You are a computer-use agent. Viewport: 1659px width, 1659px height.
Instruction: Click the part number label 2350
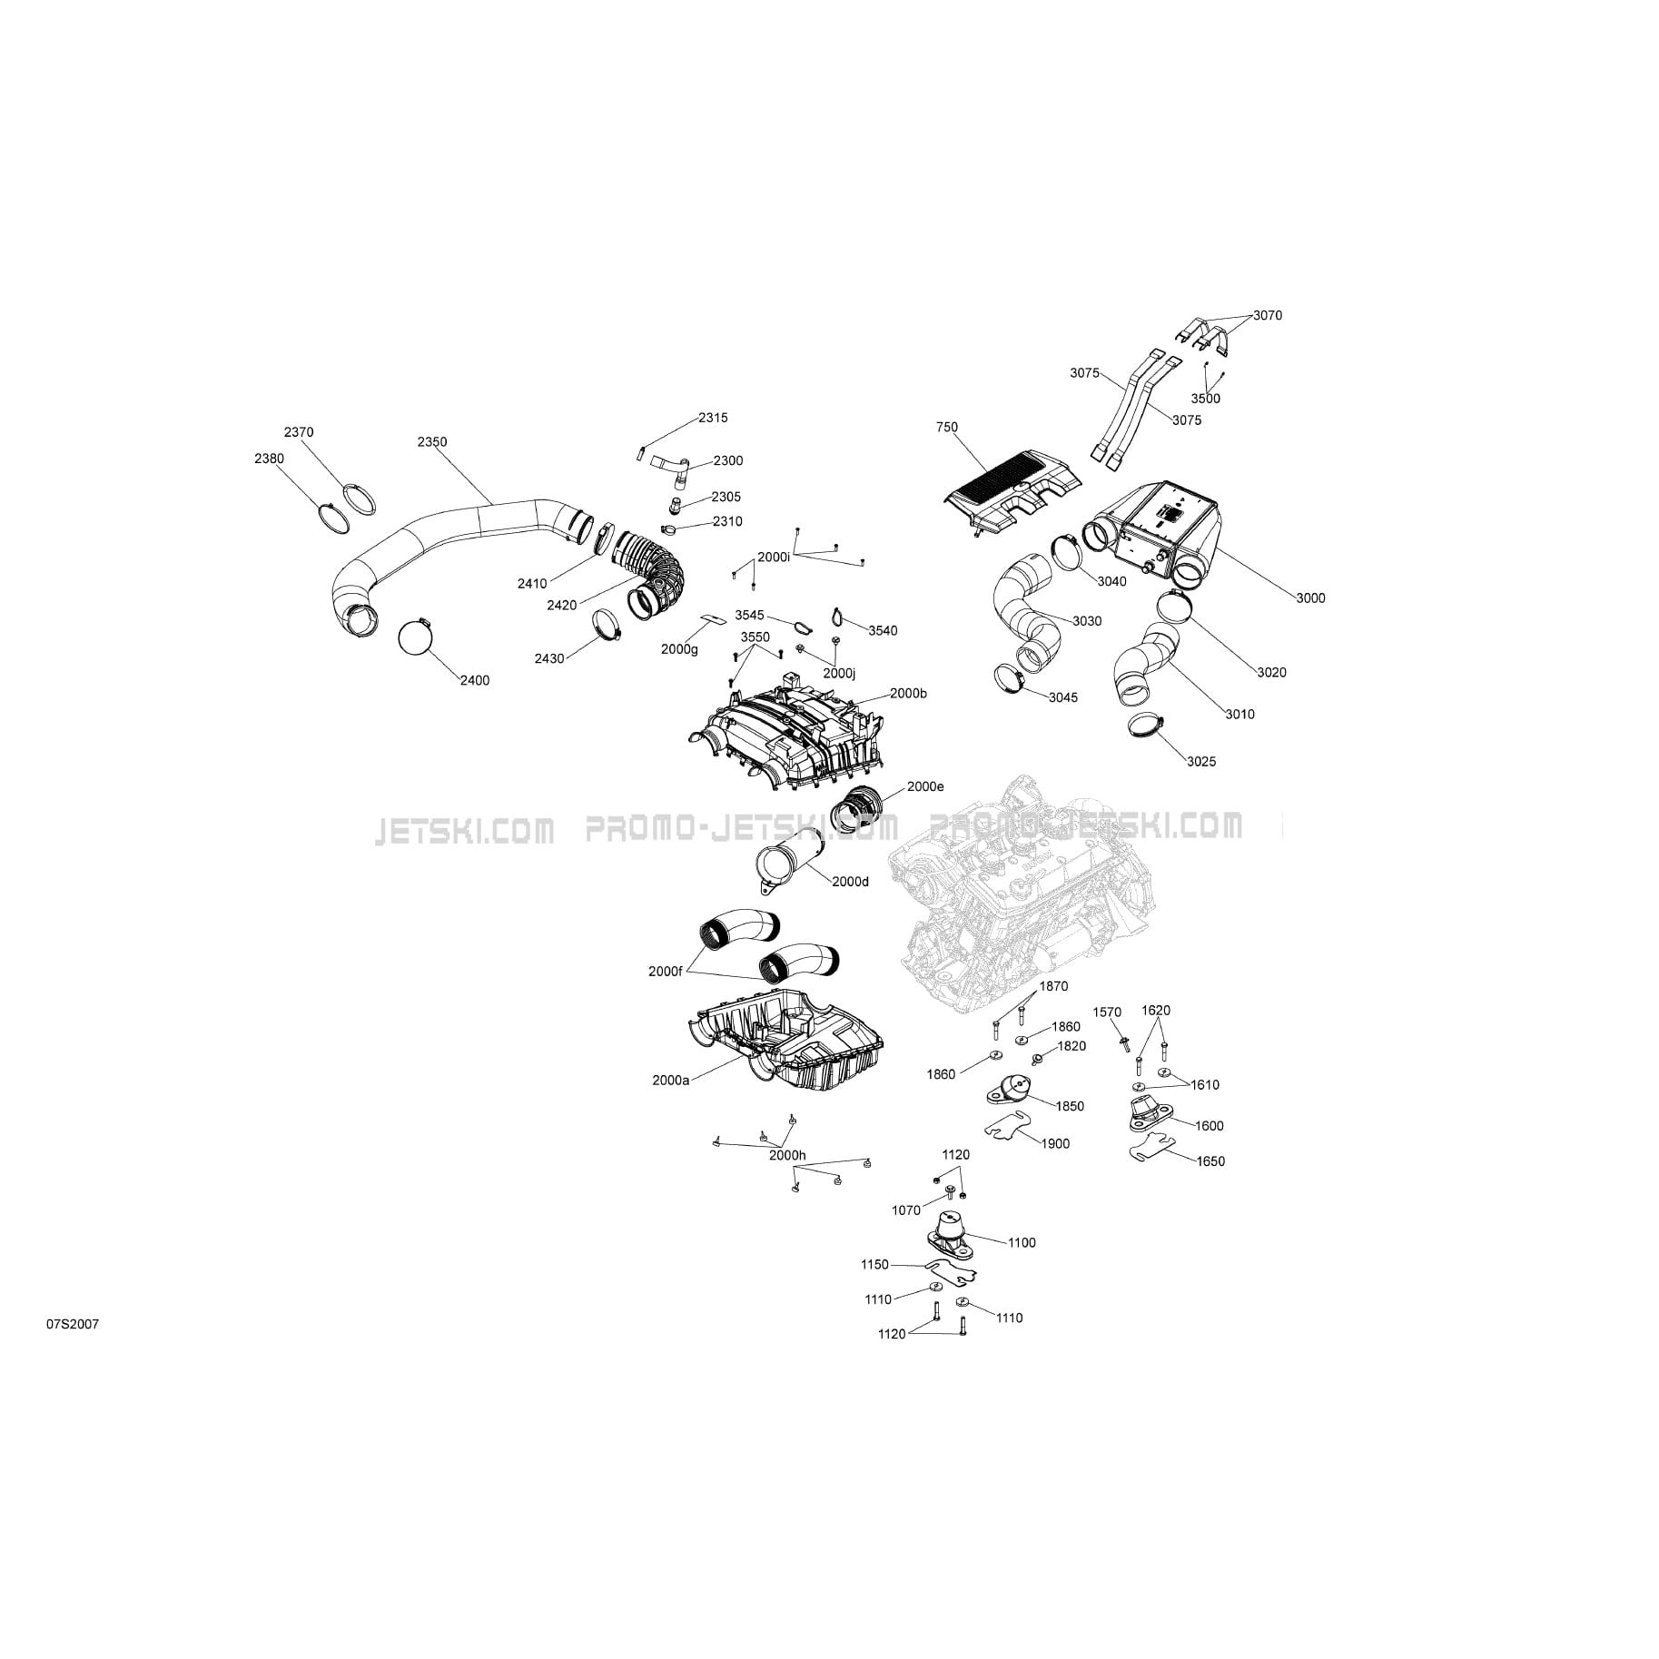[432, 442]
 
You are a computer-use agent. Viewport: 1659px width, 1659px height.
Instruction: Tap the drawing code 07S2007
[74, 1325]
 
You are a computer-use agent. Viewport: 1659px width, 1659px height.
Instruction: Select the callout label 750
[947, 428]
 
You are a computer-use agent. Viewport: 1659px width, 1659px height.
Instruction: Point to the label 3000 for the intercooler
[1310, 598]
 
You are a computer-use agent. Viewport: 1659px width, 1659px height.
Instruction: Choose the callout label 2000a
[670, 1081]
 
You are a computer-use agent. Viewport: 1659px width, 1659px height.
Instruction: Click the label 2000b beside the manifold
[908, 694]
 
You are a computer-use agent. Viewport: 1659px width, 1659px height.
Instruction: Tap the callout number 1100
[1022, 1243]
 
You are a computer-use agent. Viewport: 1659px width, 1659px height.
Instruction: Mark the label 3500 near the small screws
[1206, 399]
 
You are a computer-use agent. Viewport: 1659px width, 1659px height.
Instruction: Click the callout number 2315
[713, 419]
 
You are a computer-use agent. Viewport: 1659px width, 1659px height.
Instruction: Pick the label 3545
[749, 616]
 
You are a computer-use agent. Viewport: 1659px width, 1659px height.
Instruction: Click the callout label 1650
[1210, 1161]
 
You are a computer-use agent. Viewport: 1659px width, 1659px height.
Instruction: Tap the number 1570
[1107, 1012]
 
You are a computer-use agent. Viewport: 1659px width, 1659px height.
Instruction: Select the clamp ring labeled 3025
[1146, 726]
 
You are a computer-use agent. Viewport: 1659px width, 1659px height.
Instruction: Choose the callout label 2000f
[665, 972]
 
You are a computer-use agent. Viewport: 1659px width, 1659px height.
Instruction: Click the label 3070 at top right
[1268, 316]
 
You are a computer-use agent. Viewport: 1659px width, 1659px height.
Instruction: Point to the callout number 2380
[269, 459]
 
